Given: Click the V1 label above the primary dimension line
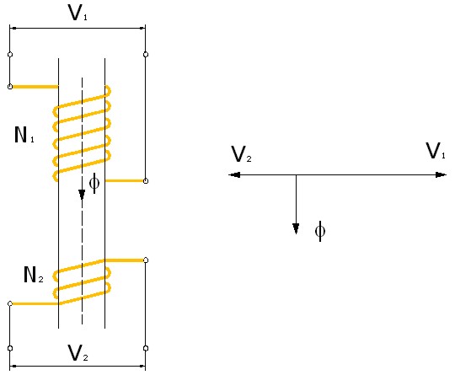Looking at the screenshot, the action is pyautogui.click(x=78, y=13).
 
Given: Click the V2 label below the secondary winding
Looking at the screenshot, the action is pyautogui.click(x=78, y=352).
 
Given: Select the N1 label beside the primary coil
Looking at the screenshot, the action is pyautogui.click(x=24, y=135).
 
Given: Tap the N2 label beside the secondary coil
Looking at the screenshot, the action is pyautogui.click(x=34, y=274).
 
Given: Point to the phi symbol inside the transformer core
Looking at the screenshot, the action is pyautogui.click(x=94, y=183).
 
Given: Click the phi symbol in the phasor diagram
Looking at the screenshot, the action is pyautogui.click(x=320, y=231).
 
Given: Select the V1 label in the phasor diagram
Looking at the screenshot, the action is pyautogui.click(x=436, y=151).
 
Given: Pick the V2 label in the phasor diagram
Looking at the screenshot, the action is pyautogui.click(x=241, y=154).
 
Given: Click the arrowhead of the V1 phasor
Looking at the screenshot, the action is pyautogui.click(x=442, y=174).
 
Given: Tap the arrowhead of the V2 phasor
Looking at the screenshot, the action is pyautogui.click(x=234, y=174).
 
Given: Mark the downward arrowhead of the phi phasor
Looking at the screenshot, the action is pyautogui.click(x=296, y=228).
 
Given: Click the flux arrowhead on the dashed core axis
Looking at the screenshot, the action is pyautogui.click(x=82, y=195).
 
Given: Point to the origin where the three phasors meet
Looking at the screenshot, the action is pyautogui.click(x=296, y=174).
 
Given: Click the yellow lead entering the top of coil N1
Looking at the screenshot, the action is pyautogui.click(x=35, y=87).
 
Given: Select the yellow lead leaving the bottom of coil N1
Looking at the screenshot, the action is pyautogui.click(x=125, y=181).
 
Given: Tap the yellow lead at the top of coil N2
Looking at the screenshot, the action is pyautogui.click(x=125, y=260).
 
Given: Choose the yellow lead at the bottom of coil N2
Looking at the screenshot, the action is pyautogui.click(x=35, y=303).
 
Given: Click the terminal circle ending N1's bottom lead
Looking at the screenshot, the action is pyautogui.click(x=146, y=181).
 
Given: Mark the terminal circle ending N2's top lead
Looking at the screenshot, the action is pyautogui.click(x=146, y=260).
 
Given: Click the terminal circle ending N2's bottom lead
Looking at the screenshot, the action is pyautogui.click(x=10, y=303).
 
